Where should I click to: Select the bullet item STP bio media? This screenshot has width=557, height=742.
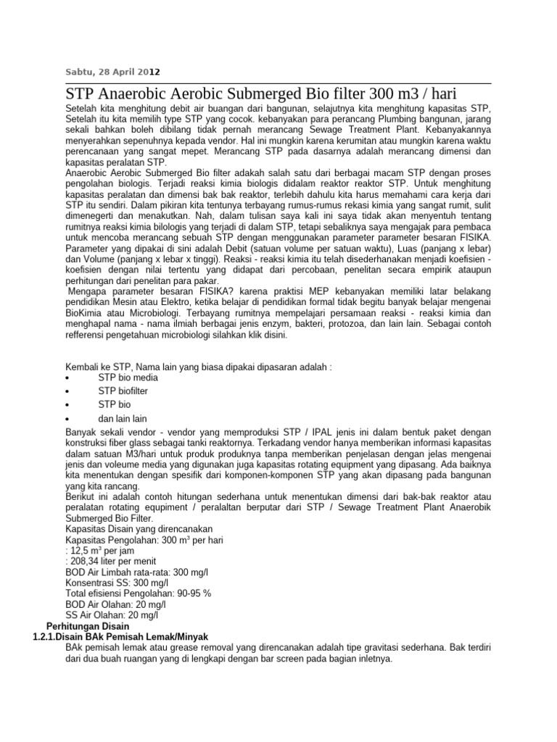(128, 378)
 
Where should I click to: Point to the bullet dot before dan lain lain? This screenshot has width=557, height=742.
(67, 420)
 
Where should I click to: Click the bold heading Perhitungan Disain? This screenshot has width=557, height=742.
(88, 625)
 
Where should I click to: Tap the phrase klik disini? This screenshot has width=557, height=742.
(269, 336)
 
